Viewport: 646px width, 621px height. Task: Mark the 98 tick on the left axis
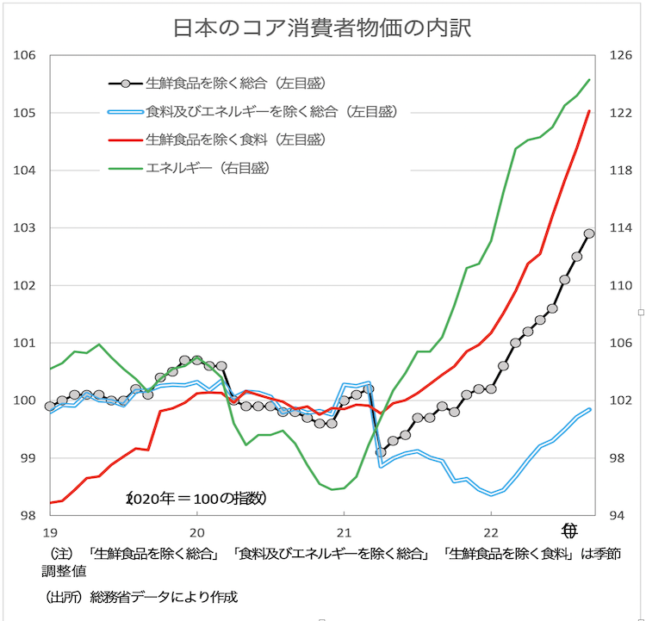click(27, 515)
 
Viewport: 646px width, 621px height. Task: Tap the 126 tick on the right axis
click(621, 56)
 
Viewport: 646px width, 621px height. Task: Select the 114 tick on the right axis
click(621, 228)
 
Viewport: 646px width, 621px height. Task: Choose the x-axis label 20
click(196, 531)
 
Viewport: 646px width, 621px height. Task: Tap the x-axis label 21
click(344, 531)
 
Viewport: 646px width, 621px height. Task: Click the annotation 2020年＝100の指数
click(197, 498)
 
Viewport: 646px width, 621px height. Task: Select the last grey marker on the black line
click(589, 233)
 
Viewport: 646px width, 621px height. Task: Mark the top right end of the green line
click(589, 80)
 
